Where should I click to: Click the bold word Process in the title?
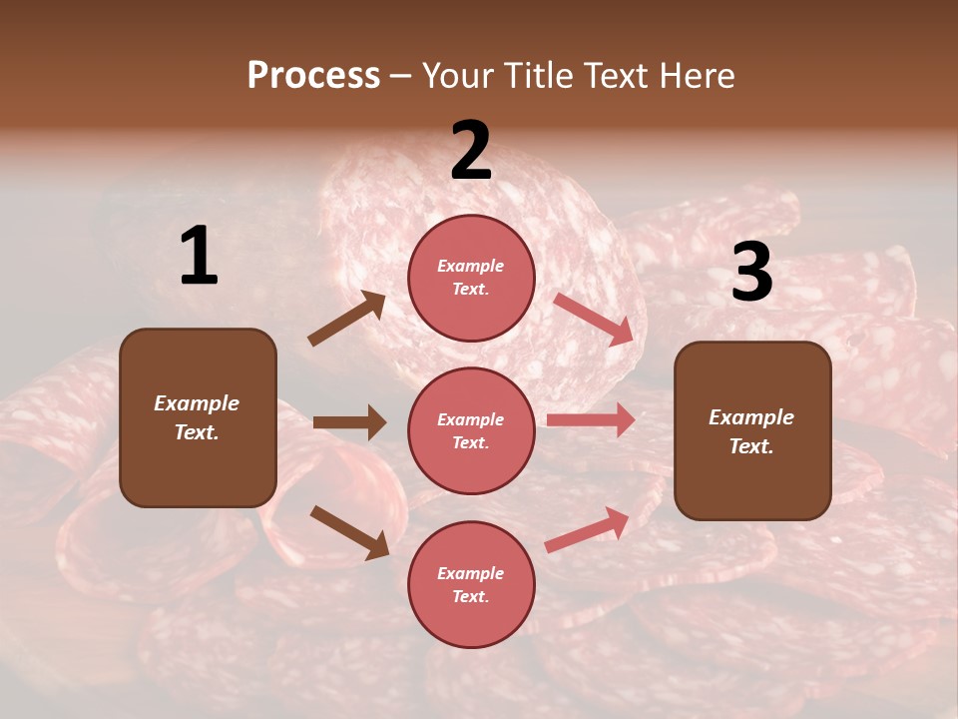[x=313, y=76]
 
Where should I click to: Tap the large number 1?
[x=199, y=257]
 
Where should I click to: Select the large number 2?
[x=471, y=152]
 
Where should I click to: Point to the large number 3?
[x=751, y=273]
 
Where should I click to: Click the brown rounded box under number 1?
[x=198, y=417]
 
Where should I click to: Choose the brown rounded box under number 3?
[x=752, y=431]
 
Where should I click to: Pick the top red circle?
[x=471, y=278]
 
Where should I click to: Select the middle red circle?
[x=471, y=430]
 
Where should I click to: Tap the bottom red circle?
[x=471, y=584]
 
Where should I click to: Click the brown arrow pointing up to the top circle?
[x=347, y=319]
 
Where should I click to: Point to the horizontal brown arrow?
[x=349, y=422]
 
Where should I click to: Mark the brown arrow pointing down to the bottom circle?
[x=349, y=531]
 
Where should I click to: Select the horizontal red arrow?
[x=591, y=420]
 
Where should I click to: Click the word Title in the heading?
[x=543, y=76]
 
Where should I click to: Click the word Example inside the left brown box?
[x=197, y=403]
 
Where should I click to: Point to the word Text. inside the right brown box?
[x=751, y=446]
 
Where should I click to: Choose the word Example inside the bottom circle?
[x=471, y=573]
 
